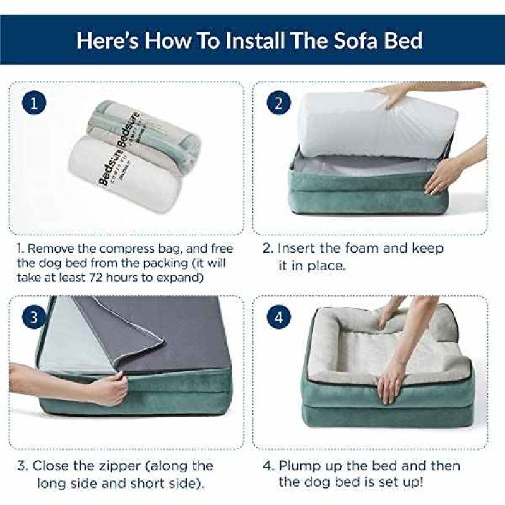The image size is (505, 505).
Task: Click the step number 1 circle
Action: click(x=34, y=103)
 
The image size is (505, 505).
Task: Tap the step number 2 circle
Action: click(x=279, y=103)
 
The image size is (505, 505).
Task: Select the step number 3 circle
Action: click(x=34, y=318)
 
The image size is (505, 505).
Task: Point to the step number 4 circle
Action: click(x=279, y=318)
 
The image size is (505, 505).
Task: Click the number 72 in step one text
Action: click(x=96, y=277)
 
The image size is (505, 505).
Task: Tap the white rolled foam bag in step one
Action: click(x=124, y=174)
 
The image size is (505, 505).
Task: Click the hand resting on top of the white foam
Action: click(x=396, y=94)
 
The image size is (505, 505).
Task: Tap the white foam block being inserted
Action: click(x=377, y=126)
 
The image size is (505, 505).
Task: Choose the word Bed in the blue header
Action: click(x=403, y=40)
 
